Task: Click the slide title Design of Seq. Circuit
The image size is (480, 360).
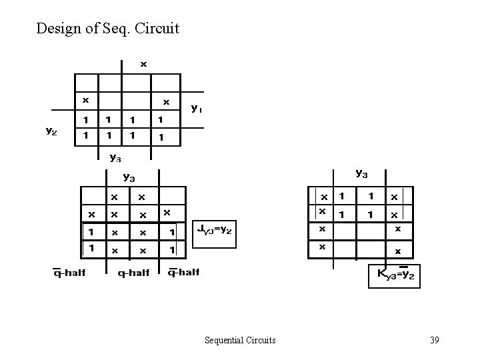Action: (x=108, y=29)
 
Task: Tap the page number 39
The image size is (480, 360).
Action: (x=434, y=340)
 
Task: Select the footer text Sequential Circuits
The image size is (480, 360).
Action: (x=240, y=340)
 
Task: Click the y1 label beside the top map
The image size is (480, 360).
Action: (x=197, y=107)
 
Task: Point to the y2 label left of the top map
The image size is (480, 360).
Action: (x=51, y=131)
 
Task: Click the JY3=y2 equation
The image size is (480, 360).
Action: (x=215, y=230)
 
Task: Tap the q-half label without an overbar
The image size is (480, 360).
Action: (x=133, y=272)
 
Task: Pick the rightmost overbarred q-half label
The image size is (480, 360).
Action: (x=183, y=271)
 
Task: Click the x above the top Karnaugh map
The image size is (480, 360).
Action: (x=143, y=64)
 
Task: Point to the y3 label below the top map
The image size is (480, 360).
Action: (x=115, y=158)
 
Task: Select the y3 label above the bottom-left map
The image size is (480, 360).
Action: (x=129, y=177)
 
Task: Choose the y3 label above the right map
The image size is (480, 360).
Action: (x=361, y=173)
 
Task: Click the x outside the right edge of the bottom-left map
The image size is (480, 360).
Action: (x=167, y=213)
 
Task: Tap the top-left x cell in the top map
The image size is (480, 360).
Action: (x=85, y=101)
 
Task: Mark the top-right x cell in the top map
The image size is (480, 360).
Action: (x=166, y=102)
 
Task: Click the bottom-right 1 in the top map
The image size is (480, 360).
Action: (x=160, y=137)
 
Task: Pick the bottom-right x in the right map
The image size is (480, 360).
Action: (x=398, y=251)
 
